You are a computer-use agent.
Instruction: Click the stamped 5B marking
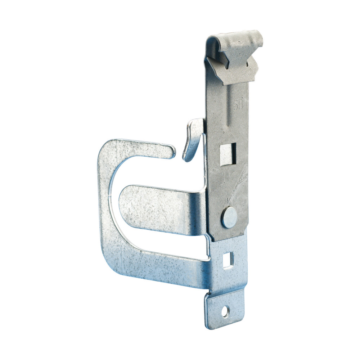click(238, 105)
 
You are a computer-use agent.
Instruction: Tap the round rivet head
click(229, 217)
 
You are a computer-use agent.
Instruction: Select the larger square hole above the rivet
click(228, 154)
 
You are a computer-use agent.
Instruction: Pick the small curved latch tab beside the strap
click(193, 139)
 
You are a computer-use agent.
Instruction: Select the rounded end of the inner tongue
click(124, 207)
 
